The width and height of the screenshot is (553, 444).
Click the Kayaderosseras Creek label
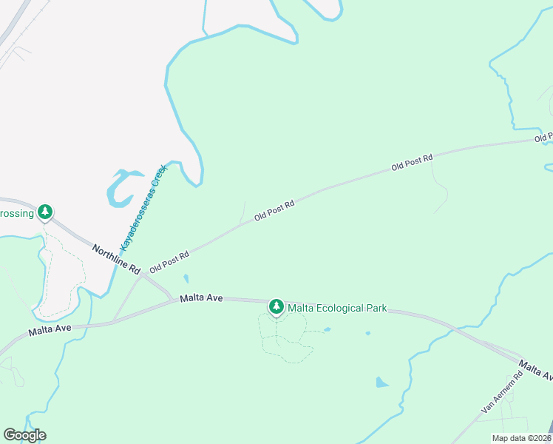pos(144,206)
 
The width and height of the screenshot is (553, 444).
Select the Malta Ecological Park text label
pos(337,309)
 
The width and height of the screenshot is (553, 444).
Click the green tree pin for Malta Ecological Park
pos(276,306)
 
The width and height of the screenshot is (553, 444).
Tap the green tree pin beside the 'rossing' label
pos(46,212)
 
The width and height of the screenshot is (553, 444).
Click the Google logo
pos(24,435)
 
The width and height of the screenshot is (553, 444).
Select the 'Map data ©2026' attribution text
pos(521,438)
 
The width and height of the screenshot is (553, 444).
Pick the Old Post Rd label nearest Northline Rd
pos(169,262)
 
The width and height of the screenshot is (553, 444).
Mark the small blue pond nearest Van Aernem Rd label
pos(381,383)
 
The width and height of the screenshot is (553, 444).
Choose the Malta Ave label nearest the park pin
pos(200,297)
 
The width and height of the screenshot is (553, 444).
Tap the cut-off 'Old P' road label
pos(543,138)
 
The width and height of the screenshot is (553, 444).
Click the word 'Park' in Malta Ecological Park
pos(375,309)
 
